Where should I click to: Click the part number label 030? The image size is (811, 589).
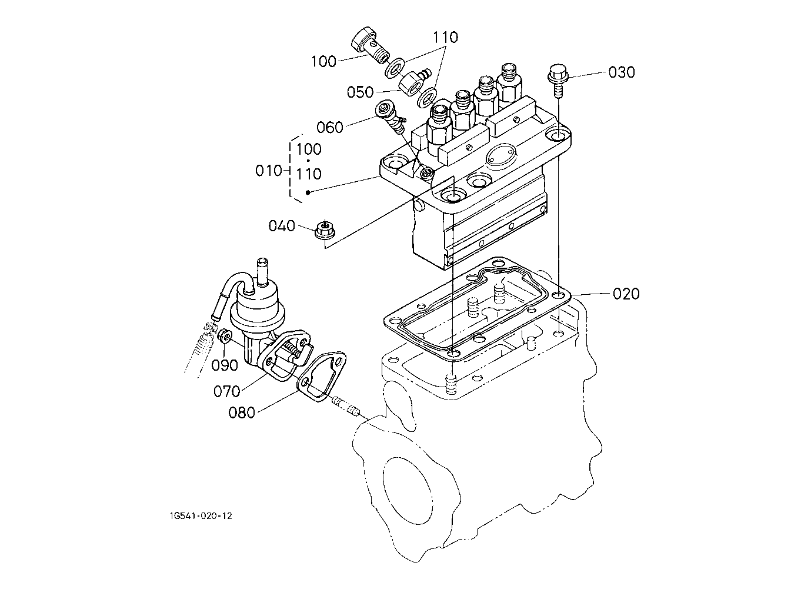(x=621, y=72)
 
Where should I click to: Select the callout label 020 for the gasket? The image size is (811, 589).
(x=626, y=294)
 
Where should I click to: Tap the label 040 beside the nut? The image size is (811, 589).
(x=282, y=226)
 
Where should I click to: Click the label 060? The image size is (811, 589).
(x=330, y=127)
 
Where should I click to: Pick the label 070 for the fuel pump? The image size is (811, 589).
(x=226, y=391)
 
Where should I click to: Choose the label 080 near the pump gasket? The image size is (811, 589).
(x=242, y=412)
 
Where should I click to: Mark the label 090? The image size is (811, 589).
(x=225, y=365)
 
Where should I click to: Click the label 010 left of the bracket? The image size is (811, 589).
(x=269, y=171)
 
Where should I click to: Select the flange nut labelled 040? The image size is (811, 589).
(x=323, y=229)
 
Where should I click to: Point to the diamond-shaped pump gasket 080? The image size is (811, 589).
(x=322, y=377)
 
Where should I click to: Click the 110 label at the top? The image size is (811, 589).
(x=445, y=38)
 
